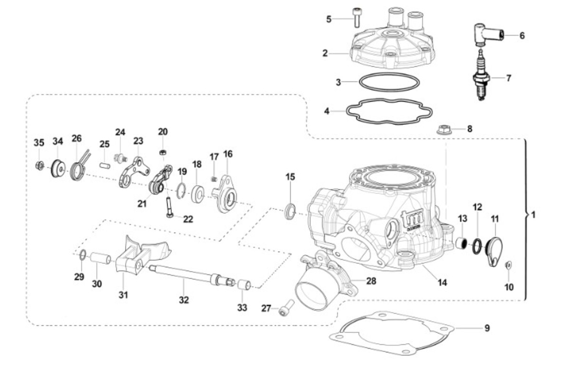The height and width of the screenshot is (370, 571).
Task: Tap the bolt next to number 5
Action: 356,17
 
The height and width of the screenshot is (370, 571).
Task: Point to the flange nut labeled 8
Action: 444,130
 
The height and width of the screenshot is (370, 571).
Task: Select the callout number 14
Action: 442,283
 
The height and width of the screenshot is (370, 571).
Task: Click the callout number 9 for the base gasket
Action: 487,328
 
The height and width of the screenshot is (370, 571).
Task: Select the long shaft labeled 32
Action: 192,276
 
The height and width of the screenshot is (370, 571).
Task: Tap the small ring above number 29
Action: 83,255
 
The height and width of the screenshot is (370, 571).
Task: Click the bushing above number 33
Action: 244,285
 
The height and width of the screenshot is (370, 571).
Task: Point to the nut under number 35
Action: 39,166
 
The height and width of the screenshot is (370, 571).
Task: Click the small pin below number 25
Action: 105,165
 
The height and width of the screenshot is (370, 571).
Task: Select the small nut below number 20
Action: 163,152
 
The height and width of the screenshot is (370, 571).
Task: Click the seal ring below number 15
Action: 290,211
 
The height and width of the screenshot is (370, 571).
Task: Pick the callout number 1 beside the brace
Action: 533,215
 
